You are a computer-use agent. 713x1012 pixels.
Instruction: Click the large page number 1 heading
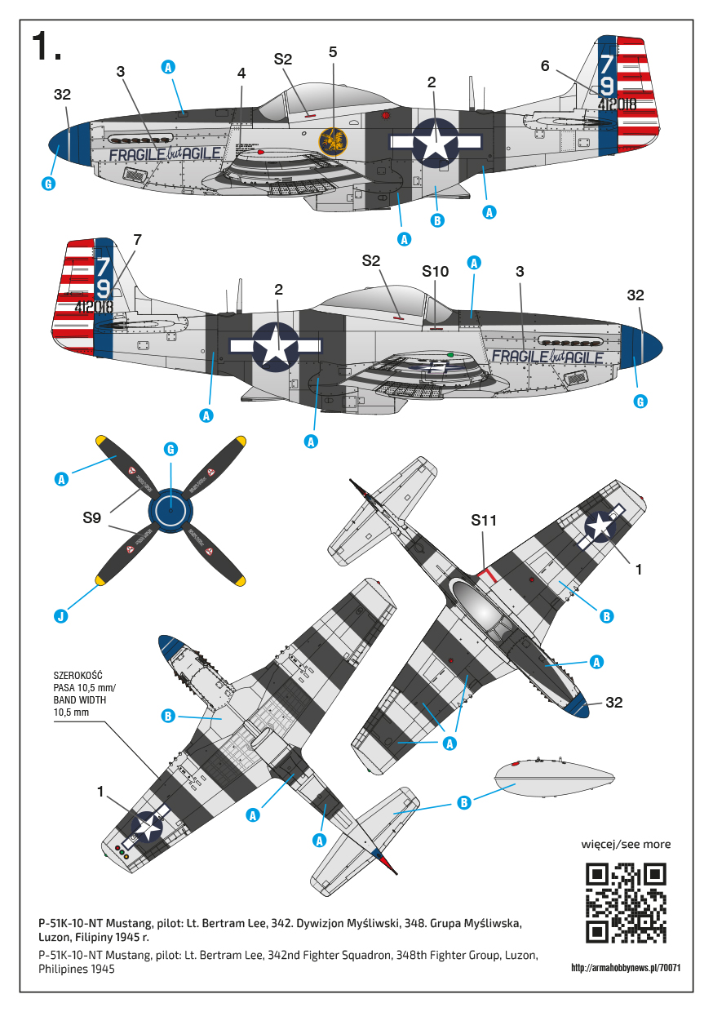(x=46, y=47)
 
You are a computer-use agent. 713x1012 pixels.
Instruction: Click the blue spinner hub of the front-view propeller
(x=170, y=510)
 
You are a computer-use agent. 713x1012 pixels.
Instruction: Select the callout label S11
(x=484, y=520)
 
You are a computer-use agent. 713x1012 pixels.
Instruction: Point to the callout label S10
(x=436, y=270)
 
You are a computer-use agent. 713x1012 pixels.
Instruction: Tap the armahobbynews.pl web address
(x=627, y=969)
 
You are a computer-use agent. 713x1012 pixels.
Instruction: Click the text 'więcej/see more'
(x=626, y=844)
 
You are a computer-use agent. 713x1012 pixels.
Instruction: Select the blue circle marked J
(x=61, y=615)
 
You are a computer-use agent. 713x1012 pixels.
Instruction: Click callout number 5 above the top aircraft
(x=333, y=51)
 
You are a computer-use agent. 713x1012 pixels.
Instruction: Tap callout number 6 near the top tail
(x=545, y=65)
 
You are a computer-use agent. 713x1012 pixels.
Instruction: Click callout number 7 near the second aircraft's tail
(x=137, y=239)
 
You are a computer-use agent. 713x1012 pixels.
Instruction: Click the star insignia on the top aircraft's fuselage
(x=435, y=140)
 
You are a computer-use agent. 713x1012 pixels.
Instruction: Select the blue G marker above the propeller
(x=170, y=449)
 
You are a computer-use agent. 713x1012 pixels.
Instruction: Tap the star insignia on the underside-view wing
(x=148, y=825)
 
